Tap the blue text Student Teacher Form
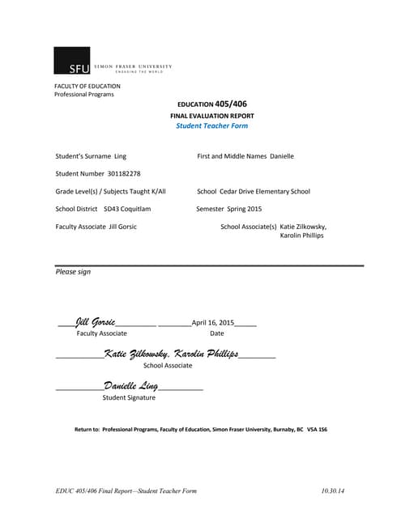click(212, 125)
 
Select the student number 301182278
click(123, 173)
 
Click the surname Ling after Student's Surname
click(121, 155)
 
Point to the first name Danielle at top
click(282, 155)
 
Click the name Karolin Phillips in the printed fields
click(302, 236)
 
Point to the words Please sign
click(73, 272)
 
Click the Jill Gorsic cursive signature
click(96, 322)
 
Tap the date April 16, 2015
click(212, 323)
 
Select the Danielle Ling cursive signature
click(130, 387)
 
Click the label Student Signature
click(129, 397)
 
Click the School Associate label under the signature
click(167, 366)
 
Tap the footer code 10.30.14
click(332, 491)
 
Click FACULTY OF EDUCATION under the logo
click(87, 86)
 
